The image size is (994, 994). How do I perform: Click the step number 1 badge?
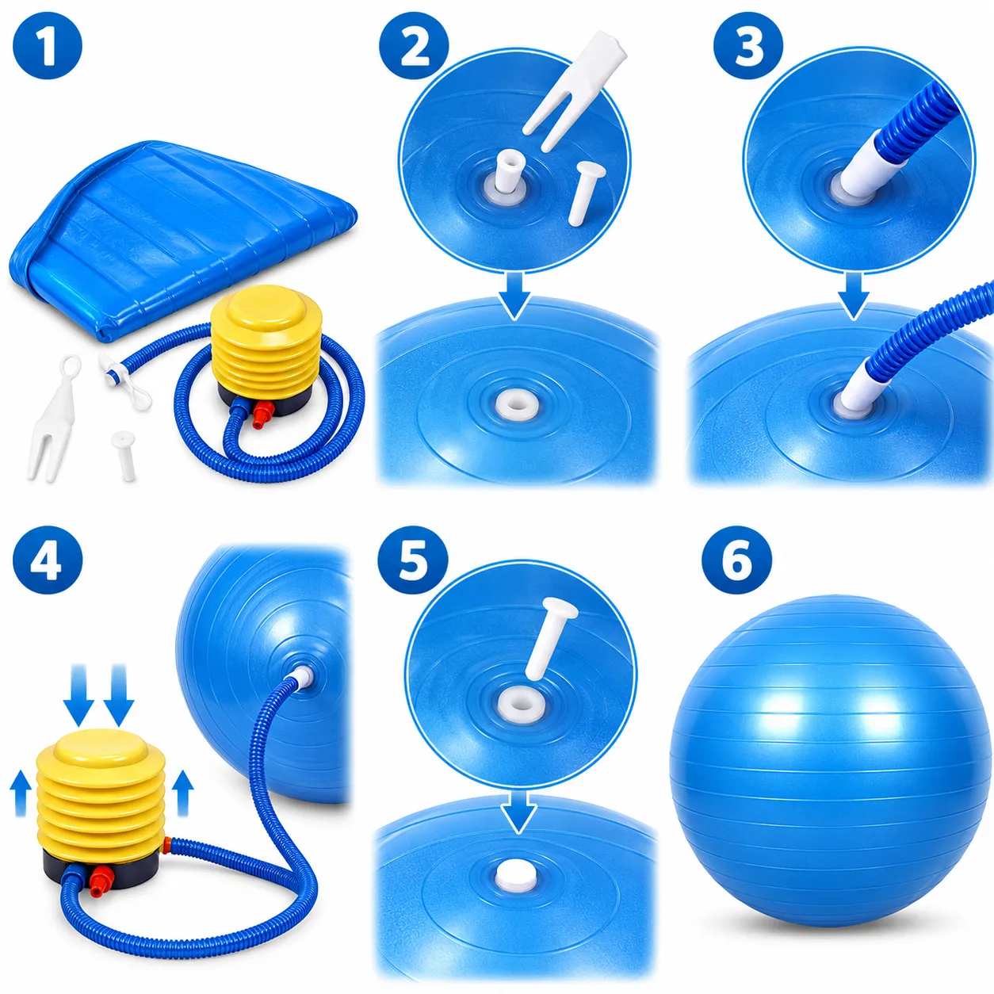tap(47, 45)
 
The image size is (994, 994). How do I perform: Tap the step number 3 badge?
tap(748, 45)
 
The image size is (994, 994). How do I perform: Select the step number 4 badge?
tap(47, 560)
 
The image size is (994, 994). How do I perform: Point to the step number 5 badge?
tap(413, 560)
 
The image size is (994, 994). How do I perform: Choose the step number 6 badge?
tap(736, 560)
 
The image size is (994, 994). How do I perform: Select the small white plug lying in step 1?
tap(124, 455)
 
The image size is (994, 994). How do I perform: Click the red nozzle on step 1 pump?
tap(262, 414)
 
